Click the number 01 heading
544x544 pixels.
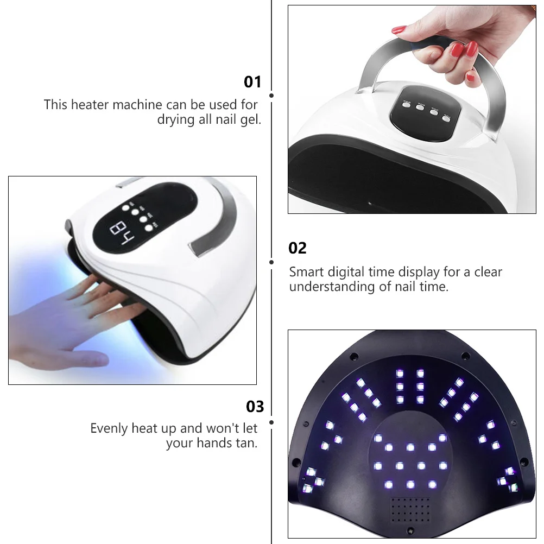[252, 82]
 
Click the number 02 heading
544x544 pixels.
[298, 248]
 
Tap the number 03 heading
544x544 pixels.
[255, 407]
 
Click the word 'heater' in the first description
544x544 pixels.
[88, 104]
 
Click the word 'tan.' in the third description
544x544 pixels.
[246, 443]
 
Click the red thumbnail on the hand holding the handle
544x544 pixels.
[400, 29]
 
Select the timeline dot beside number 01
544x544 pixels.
[271, 96]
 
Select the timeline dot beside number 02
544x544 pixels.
[271, 262]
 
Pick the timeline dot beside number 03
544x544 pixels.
[271, 422]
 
